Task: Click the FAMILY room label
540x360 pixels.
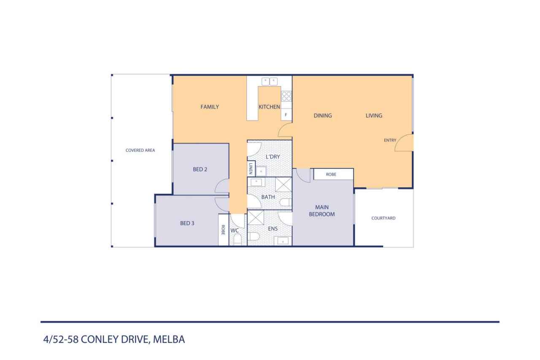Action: pyautogui.click(x=210, y=107)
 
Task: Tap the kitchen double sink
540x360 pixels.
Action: pyautogui.click(x=270, y=81)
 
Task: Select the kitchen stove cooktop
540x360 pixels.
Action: pyautogui.click(x=286, y=96)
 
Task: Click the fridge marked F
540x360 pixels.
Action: pyautogui.click(x=286, y=115)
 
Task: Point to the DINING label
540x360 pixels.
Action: pyautogui.click(x=323, y=116)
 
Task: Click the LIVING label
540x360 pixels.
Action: pyautogui.click(x=374, y=116)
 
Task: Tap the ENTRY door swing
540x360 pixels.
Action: pyautogui.click(x=404, y=143)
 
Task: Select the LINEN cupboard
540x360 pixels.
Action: pyautogui.click(x=251, y=168)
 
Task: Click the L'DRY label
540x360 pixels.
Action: pyautogui.click(x=273, y=157)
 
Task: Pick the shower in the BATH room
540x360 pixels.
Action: pyautogui.click(x=283, y=185)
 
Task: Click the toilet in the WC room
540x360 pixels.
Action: pyautogui.click(x=238, y=239)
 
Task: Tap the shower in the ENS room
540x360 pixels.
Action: pyautogui.click(x=256, y=218)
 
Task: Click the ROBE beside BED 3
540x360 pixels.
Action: pyautogui.click(x=224, y=230)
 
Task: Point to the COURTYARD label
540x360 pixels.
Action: pyautogui.click(x=383, y=218)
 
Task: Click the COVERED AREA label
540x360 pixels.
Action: pyautogui.click(x=140, y=150)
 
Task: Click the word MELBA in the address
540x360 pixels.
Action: pyautogui.click(x=169, y=339)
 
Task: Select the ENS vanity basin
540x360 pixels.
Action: pyautogui.click(x=283, y=241)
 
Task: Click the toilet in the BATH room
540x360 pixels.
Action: pyautogui.click(x=286, y=202)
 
